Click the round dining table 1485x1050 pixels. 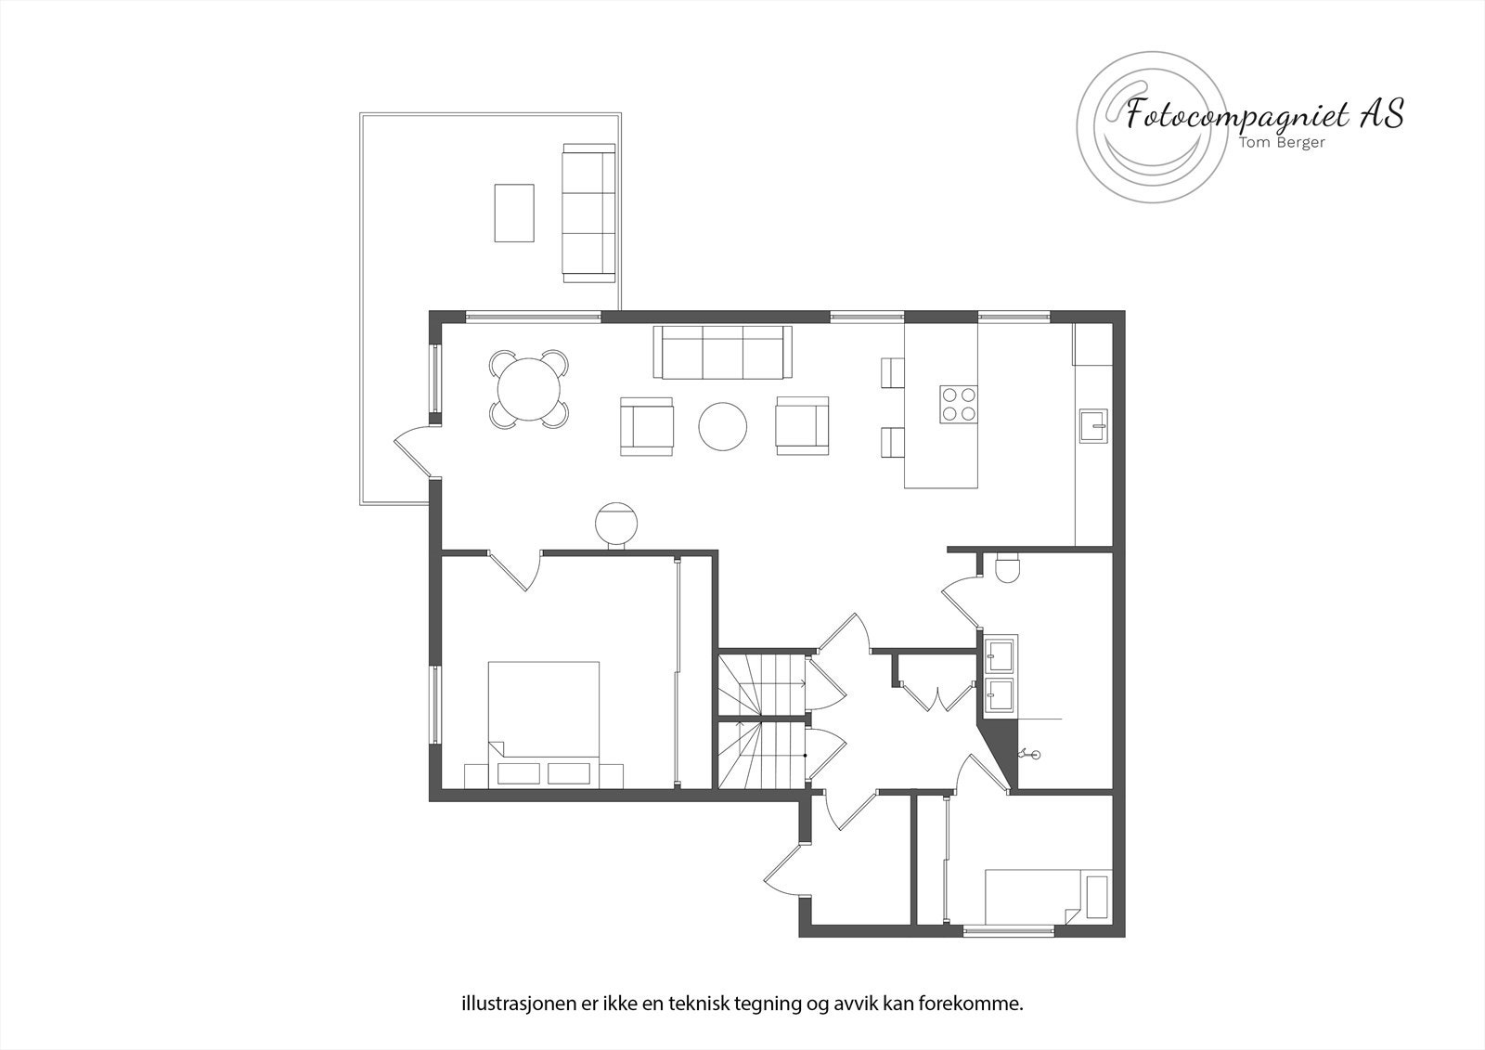pyautogui.click(x=529, y=389)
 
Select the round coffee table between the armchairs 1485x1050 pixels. pyautogui.click(x=722, y=426)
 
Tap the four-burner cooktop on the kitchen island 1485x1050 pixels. pyautogui.click(x=959, y=404)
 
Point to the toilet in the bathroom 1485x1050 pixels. pyautogui.click(x=1005, y=565)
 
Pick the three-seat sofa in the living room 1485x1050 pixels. pyautogui.click(x=723, y=353)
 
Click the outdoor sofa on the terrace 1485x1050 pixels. pyautogui.click(x=588, y=213)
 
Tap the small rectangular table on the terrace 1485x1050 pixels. pyautogui.click(x=514, y=213)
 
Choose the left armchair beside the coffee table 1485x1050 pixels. pyautogui.click(x=646, y=426)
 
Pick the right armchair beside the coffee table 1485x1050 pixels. pyautogui.click(x=802, y=426)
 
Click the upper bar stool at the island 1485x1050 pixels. pyautogui.click(x=892, y=372)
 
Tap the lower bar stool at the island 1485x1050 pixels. pyautogui.click(x=892, y=442)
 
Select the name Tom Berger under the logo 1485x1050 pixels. pyautogui.click(x=1278, y=142)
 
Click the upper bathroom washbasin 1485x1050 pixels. pyautogui.click(x=1001, y=654)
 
